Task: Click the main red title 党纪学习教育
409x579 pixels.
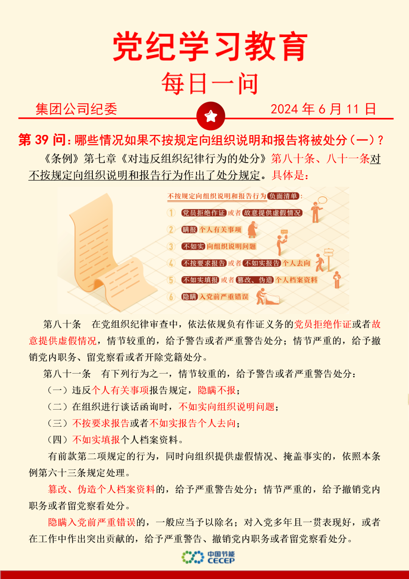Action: (210, 47)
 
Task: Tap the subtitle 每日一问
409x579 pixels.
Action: (210, 84)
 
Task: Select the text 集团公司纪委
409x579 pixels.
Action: (76, 109)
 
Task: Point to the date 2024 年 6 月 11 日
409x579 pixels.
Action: (323, 109)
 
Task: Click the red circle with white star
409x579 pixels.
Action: (211, 116)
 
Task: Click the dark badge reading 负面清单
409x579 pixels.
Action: (283, 196)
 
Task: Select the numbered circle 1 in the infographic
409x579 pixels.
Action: (171, 213)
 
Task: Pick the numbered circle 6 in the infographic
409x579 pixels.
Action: (171, 297)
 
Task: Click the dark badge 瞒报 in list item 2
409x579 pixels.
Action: (189, 230)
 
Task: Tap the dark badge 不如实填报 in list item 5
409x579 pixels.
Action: (200, 280)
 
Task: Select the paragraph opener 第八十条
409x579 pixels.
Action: (62, 324)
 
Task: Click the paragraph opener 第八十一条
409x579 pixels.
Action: (67, 374)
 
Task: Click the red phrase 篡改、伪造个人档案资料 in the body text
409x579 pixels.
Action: (101, 490)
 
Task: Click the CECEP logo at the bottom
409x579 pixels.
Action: (208, 557)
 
